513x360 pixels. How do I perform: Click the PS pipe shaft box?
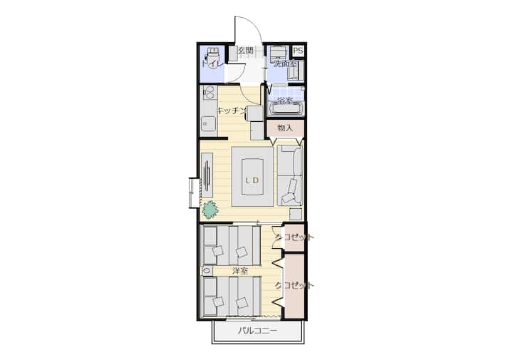(298, 51)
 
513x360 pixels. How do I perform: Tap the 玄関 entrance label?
(245, 51)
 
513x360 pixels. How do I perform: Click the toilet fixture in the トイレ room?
(213, 55)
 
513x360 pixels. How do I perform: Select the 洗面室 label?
(285, 64)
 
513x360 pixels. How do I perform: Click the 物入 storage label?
(284, 128)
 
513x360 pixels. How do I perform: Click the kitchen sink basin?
(207, 124)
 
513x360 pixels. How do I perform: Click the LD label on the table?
(252, 180)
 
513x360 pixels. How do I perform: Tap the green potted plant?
(209, 210)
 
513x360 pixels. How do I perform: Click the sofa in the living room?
(290, 175)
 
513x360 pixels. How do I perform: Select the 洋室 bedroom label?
(240, 271)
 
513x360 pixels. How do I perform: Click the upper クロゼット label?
(294, 237)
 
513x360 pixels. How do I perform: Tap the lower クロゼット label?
(294, 285)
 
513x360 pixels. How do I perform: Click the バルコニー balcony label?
(257, 331)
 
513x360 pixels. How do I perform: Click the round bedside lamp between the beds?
(206, 271)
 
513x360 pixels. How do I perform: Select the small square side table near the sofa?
(296, 215)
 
